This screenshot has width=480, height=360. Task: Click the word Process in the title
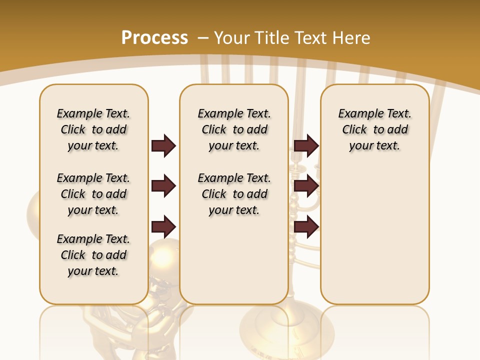[154, 37]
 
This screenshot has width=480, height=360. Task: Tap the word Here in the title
[352, 37]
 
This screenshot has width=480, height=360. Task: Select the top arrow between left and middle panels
[163, 145]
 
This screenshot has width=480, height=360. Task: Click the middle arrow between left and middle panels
[163, 186]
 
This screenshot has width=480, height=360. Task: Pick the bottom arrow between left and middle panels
[163, 227]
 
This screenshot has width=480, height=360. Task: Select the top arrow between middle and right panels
[306, 145]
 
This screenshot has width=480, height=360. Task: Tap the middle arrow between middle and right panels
[306, 186]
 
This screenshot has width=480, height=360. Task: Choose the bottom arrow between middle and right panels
[306, 227]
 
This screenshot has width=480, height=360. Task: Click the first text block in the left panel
[93, 129]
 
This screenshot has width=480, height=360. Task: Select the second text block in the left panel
[93, 194]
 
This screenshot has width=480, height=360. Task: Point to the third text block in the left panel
[93, 255]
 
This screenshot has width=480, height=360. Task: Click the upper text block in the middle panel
[234, 129]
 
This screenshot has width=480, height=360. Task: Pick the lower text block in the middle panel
[234, 194]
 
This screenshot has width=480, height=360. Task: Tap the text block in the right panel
[375, 129]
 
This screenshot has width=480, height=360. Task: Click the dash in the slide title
[203, 37]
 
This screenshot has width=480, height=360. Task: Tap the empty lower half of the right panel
[375, 240]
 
